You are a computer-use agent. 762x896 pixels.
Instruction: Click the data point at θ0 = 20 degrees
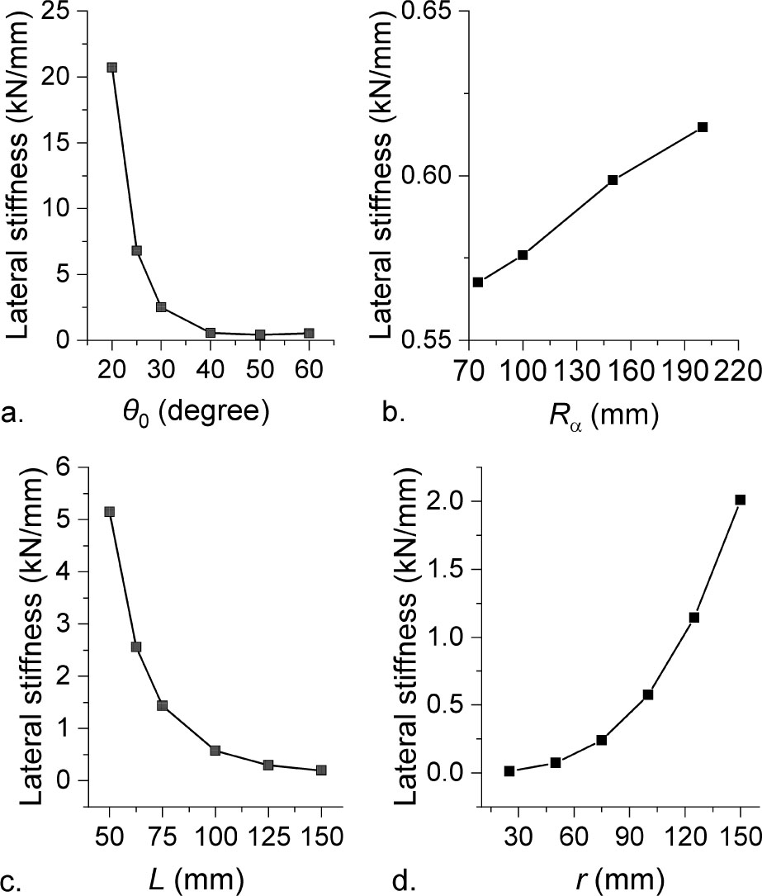tap(111, 68)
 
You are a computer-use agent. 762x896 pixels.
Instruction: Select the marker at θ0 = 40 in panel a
tap(211, 333)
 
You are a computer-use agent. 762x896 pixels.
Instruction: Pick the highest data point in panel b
tap(703, 127)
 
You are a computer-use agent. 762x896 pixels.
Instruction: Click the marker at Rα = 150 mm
tap(613, 180)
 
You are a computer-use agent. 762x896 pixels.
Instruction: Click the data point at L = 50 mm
tap(109, 512)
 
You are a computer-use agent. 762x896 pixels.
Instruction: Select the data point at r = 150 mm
tap(741, 500)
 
